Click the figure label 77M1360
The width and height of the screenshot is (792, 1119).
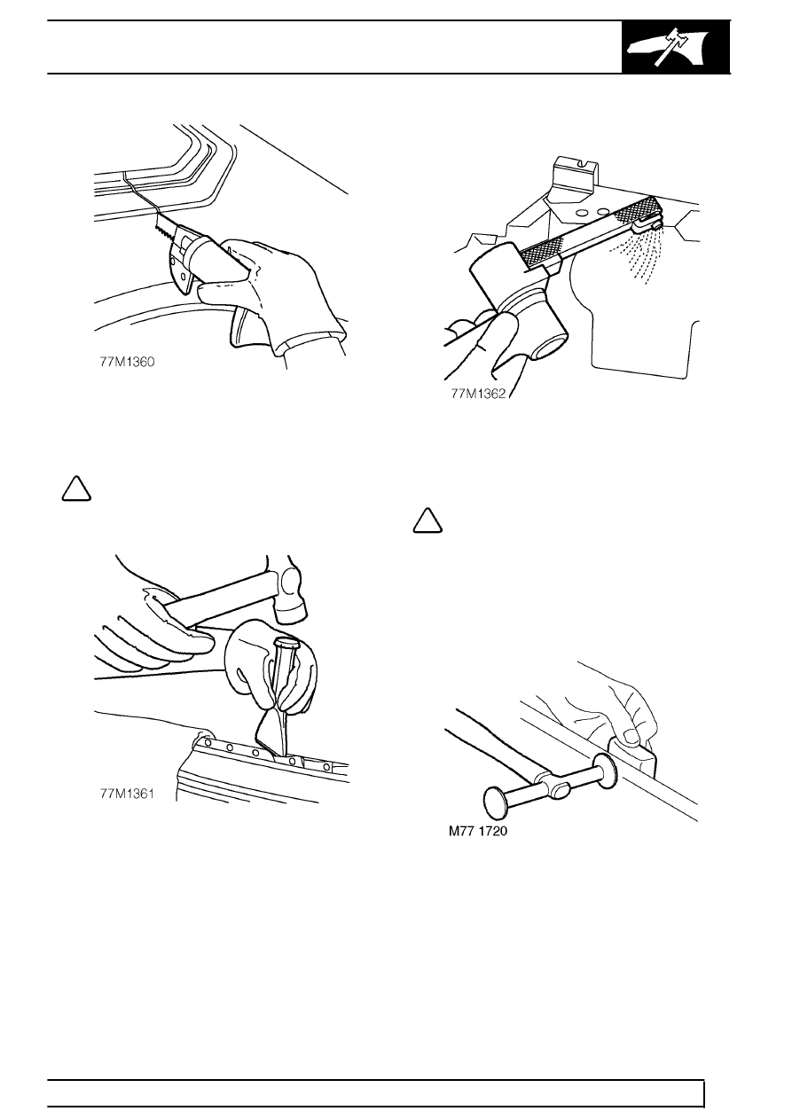(x=127, y=362)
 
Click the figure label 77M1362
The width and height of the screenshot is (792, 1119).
(x=478, y=394)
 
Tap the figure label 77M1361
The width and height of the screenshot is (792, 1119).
(x=127, y=794)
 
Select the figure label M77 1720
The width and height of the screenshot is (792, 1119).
(x=478, y=831)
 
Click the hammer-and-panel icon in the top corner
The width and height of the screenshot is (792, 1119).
(x=676, y=48)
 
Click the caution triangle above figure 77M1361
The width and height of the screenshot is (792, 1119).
(x=76, y=489)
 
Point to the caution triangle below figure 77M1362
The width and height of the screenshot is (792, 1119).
(x=427, y=520)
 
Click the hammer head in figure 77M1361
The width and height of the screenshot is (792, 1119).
(x=292, y=590)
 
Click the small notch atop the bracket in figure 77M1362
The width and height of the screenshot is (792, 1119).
(x=583, y=162)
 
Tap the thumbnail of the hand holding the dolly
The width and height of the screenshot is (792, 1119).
(x=631, y=735)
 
